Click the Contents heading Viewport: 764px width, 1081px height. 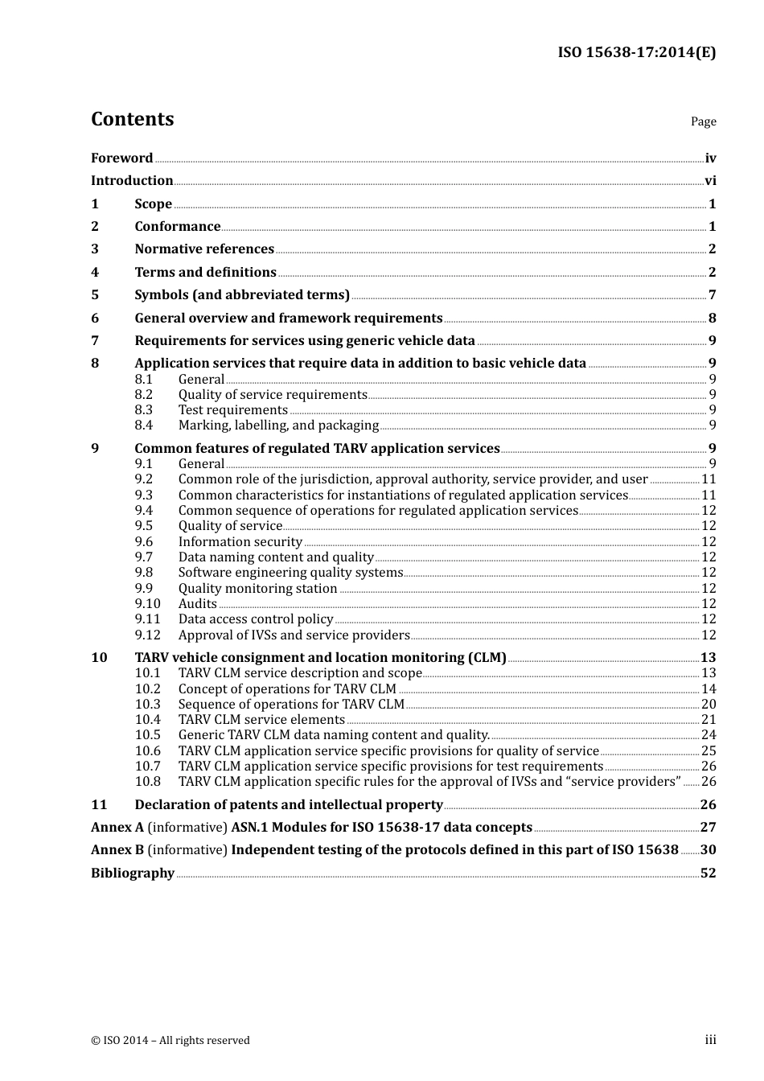(132, 119)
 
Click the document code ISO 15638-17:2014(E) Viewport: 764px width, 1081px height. (636, 53)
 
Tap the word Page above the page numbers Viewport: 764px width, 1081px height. (703, 121)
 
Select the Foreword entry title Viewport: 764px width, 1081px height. (121, 158)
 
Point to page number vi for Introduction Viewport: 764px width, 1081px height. (710, 181)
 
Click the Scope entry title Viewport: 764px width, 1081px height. (153, 204)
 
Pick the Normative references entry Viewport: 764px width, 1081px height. (204, 249)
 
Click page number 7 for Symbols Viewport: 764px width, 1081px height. (712, 295)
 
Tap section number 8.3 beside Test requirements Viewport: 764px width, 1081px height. (144, 410)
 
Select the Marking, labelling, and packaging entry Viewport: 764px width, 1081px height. (278, 425)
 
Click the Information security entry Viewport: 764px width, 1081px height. (240, 542)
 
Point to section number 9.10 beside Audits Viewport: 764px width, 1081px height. (147, 604)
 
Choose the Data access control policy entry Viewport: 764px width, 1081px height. (256, 619)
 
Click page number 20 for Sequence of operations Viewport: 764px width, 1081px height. (709, 705)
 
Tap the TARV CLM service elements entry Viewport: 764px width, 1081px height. (261, 720)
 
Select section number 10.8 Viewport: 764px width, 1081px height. (147, 782)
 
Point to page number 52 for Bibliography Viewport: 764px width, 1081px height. (708, 873)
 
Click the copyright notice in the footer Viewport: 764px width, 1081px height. (170, 1041)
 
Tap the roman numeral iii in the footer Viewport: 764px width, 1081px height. (710, 1040)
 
